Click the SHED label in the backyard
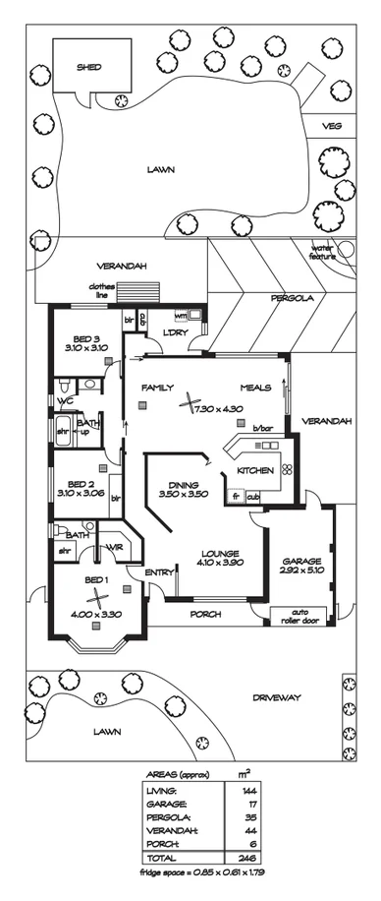(90, 68)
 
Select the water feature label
(323, 251)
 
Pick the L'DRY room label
(176, 332)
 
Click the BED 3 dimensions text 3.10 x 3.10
(86, 348)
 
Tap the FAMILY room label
(157, 388)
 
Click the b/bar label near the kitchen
(261, 429)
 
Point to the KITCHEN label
(255, 471)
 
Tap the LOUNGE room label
(209, 553)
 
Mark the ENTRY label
(158, 571)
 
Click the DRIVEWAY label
(276, 697)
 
